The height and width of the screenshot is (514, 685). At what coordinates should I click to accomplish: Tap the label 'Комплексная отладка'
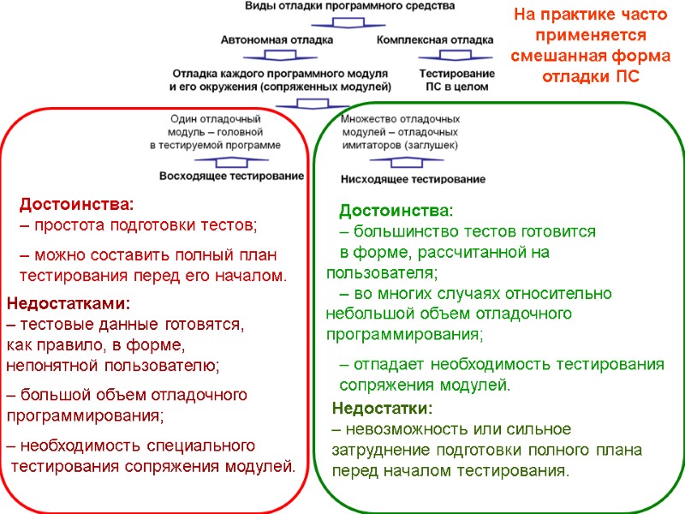(434, 39)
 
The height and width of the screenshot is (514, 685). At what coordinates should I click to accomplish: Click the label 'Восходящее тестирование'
(232, 176)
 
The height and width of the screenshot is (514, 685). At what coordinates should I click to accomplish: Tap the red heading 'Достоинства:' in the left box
(77, 205)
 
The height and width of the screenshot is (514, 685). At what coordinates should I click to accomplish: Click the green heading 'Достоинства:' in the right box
(396, 211)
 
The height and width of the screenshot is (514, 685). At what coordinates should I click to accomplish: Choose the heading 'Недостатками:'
(68, 303)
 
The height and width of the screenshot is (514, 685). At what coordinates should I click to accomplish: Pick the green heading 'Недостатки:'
(382, 408)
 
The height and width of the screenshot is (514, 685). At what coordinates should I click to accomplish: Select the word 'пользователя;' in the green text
(381, 273)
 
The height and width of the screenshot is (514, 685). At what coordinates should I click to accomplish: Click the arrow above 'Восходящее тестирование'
(232, 160)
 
